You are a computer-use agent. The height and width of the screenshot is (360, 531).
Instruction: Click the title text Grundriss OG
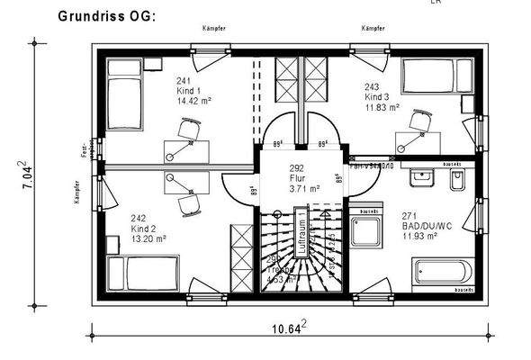[x=107, y=16]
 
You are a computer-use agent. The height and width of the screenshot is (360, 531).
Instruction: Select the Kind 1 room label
[x=191, y=91]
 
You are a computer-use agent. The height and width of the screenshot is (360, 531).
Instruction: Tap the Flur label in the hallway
[x=297, y=179]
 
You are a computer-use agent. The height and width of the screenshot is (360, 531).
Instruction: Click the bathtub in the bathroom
[x=440, y=274]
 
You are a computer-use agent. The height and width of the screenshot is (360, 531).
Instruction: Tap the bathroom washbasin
[x=421, y=180]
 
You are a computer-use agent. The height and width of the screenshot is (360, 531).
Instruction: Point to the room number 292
[x=297, y=168]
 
